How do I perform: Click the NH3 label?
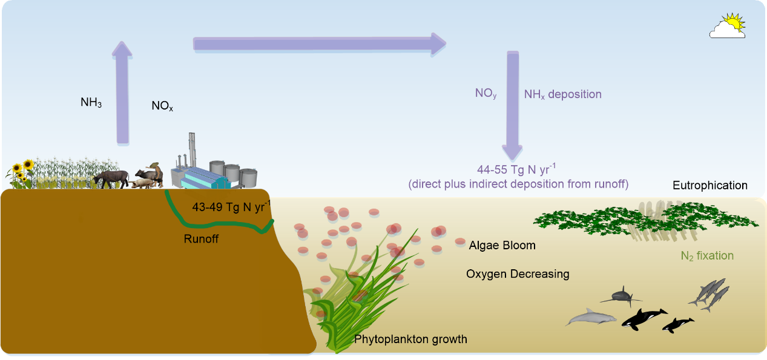[91, 103]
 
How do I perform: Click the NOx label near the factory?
[162, 106]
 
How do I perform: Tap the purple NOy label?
[486, 94]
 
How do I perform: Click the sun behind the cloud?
[733, 22]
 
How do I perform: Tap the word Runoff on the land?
[201, 239]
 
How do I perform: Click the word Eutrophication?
[710, 186]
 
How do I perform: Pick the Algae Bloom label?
[502, 246]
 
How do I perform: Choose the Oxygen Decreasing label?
[518, 274]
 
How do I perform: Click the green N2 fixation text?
[707, 256]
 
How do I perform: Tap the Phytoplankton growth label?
[410, 339]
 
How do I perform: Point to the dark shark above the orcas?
[621, 295]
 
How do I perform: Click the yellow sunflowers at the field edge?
[23, 170]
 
